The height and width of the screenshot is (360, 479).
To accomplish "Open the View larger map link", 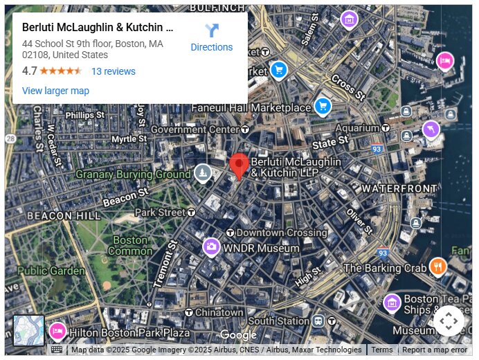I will pos(55,91).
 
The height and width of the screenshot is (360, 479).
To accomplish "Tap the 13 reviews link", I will pos(114,71).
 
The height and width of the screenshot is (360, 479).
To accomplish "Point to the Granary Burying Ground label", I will pos(133,174).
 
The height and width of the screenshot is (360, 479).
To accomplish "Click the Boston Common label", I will pos(130,245).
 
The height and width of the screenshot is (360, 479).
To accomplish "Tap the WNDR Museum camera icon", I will pos(211,247).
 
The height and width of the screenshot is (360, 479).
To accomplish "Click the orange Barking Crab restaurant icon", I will pos(437,267).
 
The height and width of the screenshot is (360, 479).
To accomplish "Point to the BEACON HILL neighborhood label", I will pos(64,216).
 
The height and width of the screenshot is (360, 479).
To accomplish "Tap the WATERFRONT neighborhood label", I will pos(399,188).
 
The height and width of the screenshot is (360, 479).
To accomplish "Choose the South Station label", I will pos(278,321).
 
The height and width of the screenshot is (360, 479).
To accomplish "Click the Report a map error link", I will pos(435,350).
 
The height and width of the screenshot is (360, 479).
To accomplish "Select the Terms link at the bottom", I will pos(381,350).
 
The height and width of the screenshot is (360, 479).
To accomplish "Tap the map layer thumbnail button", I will pos(29,330).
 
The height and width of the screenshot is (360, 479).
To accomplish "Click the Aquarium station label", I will pos(357,128).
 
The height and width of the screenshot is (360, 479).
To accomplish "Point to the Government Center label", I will pos(195,129).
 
